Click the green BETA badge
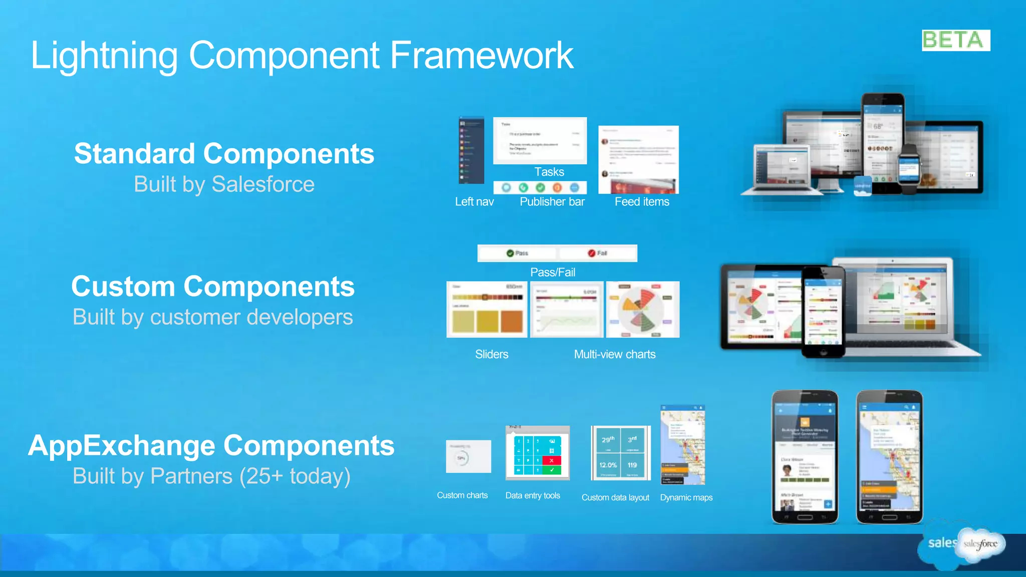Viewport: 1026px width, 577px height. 955,40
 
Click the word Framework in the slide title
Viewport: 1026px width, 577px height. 481,55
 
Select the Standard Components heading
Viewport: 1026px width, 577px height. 224,153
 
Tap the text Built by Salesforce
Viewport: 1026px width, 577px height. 224,184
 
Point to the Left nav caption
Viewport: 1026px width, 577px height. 474,202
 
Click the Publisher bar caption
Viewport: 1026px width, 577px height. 552,202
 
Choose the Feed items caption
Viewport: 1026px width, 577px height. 642,202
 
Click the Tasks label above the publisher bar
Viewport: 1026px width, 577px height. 549,172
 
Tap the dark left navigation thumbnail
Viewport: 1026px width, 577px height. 471,150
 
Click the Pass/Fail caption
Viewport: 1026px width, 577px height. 553,272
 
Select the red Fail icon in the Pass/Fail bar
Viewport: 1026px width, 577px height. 592,253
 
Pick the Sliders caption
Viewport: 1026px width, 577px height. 491,355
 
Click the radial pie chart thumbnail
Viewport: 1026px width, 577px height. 643,310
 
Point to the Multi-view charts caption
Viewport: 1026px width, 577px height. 615,355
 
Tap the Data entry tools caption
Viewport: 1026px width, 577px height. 533,495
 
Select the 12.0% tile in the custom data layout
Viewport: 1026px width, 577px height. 608,465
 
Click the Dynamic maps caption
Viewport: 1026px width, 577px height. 686,497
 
